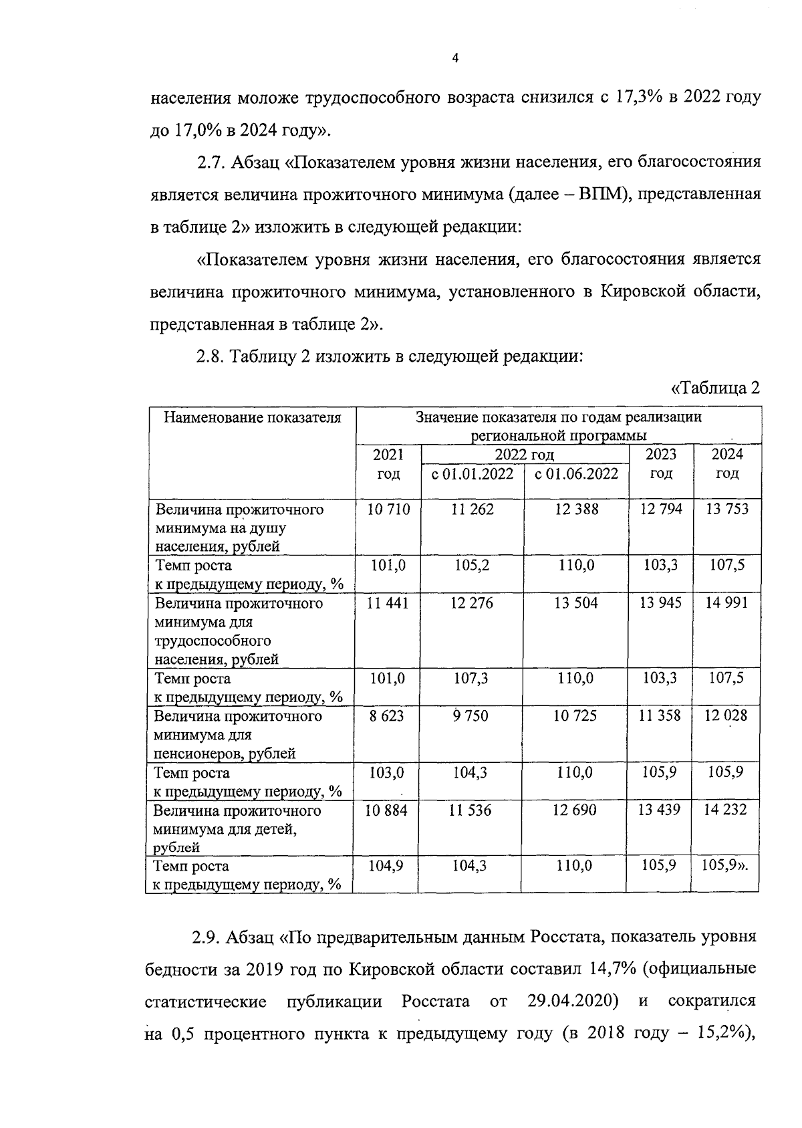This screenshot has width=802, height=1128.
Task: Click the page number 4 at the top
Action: point(455,59)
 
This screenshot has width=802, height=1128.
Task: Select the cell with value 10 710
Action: point(388,510)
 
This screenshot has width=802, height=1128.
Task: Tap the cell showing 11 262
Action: point(472,510)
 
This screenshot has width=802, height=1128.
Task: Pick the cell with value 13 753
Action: point(727,510)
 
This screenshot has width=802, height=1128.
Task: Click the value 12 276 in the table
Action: point(472,603)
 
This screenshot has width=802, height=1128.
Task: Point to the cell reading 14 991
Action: point(727,603)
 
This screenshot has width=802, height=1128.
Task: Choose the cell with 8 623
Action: point(387,716)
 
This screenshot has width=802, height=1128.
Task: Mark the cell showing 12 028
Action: point(726,716)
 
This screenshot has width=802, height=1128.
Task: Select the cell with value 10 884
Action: point(387,810)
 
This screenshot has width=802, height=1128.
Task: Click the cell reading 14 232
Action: point(726,810)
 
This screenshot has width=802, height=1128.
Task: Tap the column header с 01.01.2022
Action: point(473,474)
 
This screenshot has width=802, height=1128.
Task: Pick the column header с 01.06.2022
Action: point(576,474)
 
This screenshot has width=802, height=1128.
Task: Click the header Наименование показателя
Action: point(253,418)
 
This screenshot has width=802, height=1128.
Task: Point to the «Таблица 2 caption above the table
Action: point(715,388)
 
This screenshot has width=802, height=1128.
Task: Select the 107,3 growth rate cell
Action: point(471,679)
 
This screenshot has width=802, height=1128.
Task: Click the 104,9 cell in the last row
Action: point(386,866)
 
